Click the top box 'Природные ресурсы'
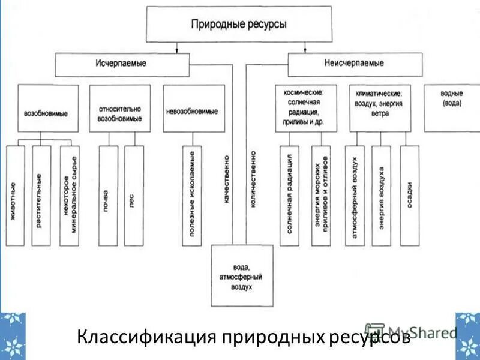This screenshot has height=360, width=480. [x=239, y=25]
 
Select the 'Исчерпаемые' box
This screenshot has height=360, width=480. [x=122, y=64]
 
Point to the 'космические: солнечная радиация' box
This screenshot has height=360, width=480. [x=306, y=108]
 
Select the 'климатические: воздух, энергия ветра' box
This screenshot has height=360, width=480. [x=380, y=108]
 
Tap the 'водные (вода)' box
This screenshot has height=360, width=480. [x=451, y=107]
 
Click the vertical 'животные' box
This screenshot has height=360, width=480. [x=15, y=196]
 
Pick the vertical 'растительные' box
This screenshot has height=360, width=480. [x=41, y=196]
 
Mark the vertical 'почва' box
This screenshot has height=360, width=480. [x=108, y=196]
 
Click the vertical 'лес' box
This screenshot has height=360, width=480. [x=133, y=196]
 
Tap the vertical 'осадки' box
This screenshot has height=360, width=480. [x=410, y=196]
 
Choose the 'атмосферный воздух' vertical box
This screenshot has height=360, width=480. [x=355, y=196]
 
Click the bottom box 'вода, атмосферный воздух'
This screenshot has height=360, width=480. [x=242, y=276]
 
